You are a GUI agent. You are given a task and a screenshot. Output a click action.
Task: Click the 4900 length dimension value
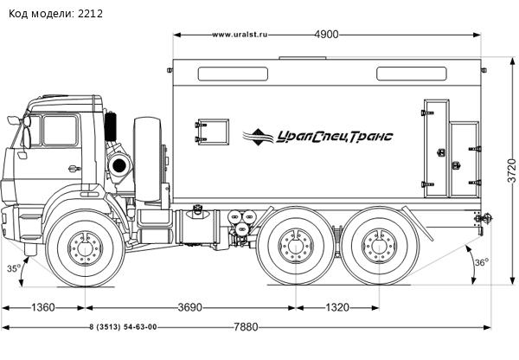326,35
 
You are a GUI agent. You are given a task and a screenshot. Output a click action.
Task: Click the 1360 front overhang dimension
43,307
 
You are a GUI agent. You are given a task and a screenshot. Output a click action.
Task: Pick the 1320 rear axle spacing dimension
339,307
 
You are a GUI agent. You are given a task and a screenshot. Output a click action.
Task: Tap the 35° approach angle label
14,269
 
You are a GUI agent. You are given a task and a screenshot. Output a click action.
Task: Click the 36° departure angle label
482,262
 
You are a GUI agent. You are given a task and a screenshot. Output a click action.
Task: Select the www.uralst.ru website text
240,35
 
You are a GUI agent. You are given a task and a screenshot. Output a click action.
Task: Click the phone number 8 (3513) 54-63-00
123,326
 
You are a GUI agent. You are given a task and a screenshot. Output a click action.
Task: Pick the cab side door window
60,132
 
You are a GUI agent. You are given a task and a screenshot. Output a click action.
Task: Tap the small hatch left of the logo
211,130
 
